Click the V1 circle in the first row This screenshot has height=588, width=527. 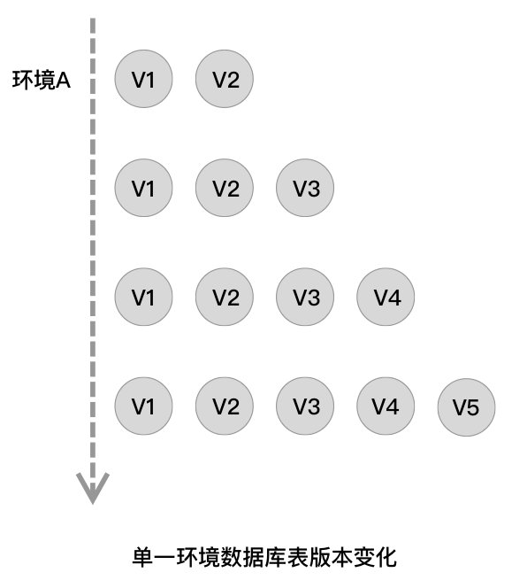[143, 79]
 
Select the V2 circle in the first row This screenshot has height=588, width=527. [225, 79]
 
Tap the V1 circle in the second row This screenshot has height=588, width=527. [143, 188]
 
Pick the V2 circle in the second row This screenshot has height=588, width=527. [225, 188]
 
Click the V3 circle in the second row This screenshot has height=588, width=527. [305, 188]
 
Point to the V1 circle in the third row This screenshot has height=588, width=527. [143, 297]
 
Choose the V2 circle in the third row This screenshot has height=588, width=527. [225, 297]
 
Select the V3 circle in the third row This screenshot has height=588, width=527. [305, 297]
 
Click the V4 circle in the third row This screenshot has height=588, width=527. [386, 297]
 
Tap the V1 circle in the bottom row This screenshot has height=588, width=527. [143, 406]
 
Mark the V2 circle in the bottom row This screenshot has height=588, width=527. [225, 406]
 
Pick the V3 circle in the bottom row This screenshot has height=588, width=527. [305, 406]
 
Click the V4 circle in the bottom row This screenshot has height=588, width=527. [386, 406]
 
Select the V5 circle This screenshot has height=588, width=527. [466, 407]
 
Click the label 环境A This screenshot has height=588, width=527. [42, 80]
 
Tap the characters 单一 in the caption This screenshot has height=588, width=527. [154, 557]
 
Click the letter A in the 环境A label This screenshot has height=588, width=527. [63, 81]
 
